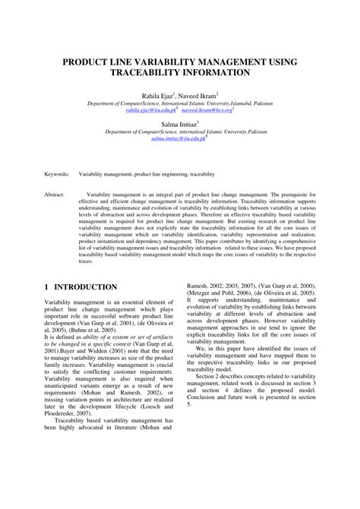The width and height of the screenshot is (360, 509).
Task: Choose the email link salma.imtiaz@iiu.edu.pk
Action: tap(178, 138)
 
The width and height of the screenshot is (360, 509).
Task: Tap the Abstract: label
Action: tap(56, 194)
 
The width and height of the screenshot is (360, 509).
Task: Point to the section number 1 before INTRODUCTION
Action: tap(47, 287)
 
